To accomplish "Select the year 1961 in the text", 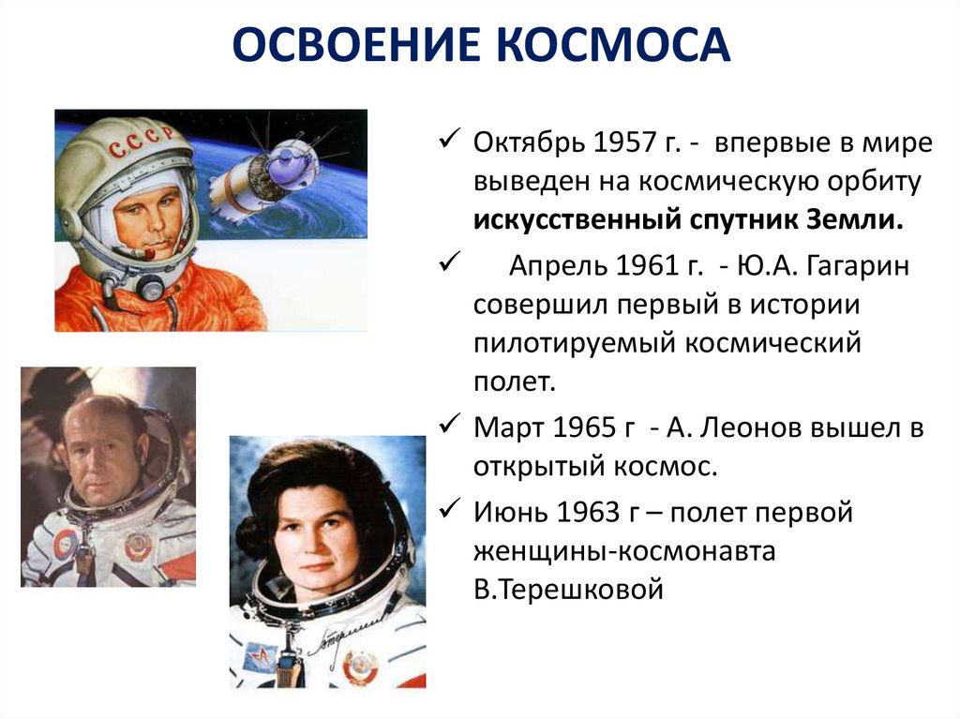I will click(657, 266).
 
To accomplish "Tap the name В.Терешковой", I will click(569, 591).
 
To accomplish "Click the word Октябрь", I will click(528, 145).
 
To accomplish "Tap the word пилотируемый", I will click(567, 343).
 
